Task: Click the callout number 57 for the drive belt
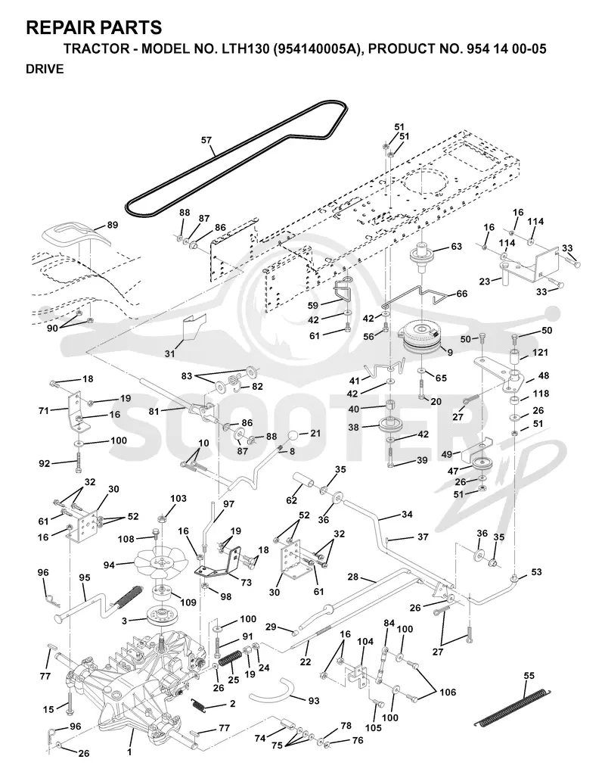pos(206,141)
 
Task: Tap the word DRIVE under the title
pos(45,69)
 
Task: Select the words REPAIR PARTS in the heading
pos(94,27)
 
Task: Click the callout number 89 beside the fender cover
pos(113,225)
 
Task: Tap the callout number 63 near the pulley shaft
pos(456,247)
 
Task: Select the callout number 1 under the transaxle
pos(129,752)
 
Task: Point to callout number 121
pos(540,352)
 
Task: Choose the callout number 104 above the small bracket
pos(365,642)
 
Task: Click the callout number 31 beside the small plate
pos(169,353)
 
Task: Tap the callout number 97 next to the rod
pos(228,504)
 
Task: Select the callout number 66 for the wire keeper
pos(461,294)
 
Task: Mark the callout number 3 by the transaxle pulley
pos(125,620)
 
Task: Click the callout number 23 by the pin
pos(485,282)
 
